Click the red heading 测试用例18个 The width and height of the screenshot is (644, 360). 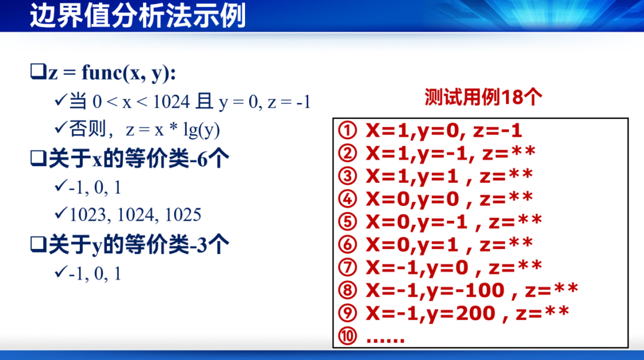[483, 97]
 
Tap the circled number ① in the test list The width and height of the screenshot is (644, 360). [347, 131]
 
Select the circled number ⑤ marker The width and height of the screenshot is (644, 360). [347, 221]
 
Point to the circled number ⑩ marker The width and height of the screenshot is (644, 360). [347, 336]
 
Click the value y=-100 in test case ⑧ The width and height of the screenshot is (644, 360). [466, 290]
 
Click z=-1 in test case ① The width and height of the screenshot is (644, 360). [497, 131]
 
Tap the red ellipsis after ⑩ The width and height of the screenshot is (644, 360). [385, 339]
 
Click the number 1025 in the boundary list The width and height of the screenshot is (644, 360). [183, 215]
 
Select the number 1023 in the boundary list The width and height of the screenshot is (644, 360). [88, 215]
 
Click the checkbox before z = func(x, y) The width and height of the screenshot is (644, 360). [38, 71]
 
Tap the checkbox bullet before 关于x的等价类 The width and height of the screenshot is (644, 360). [38, 158]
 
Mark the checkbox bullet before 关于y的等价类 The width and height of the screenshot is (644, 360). [38, 244]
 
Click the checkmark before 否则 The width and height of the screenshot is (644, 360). [60, 128]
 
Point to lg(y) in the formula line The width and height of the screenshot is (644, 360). [201, 131]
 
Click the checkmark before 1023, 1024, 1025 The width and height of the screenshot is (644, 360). [60, 213]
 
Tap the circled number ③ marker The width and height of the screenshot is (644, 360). [347, 176]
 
